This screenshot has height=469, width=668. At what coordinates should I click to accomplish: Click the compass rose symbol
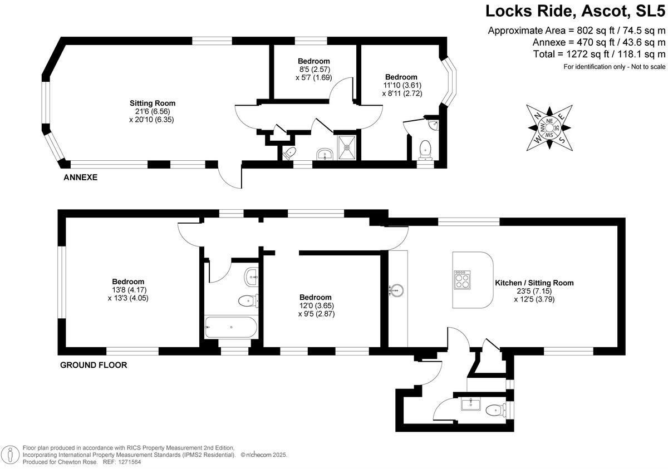[549, 127]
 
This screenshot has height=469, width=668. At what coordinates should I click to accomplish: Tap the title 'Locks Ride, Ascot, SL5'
[576, 11]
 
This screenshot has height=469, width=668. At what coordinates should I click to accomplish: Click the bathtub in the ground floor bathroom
[230, 327]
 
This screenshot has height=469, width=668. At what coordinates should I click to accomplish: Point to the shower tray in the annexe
[348, 149]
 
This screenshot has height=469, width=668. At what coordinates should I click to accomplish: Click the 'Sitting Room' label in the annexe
[152, 103]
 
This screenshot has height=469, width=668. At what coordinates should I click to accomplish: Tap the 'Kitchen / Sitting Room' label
[534, 283]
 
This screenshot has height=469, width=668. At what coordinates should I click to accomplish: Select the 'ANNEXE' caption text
[81, 177]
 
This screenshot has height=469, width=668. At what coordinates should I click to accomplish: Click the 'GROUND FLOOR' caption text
[93, 366]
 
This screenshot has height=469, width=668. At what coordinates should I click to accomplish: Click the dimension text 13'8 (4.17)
[128, 290]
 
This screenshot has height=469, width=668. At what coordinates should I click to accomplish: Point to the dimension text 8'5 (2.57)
[313, 70]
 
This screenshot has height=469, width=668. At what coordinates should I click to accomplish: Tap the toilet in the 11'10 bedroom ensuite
[425, 149]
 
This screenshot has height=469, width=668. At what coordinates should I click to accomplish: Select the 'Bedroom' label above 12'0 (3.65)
[315, 297]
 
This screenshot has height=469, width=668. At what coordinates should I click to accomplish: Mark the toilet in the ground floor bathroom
[247, 301]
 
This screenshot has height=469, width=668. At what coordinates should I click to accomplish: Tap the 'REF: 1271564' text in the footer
[120, 462]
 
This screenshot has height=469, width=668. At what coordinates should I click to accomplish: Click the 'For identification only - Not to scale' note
[614, 67]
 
